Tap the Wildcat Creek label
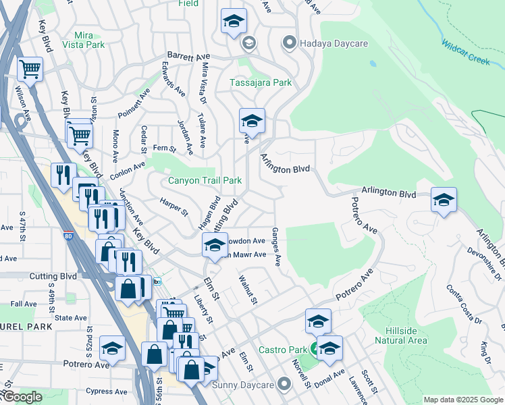[465, 53]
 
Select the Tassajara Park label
[261, 82]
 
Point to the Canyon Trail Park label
[205, 181]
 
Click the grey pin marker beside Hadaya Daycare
[290, 43]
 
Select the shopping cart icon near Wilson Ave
[30, 68]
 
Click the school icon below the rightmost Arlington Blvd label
[444, 200]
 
